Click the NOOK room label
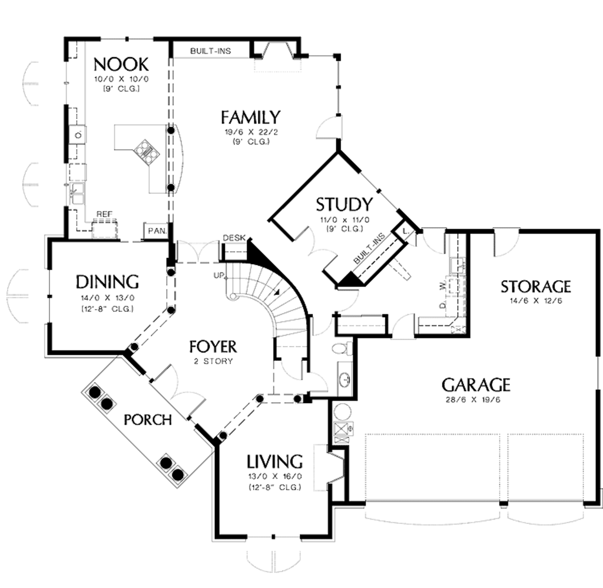(121, 63)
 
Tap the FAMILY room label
(250, 117)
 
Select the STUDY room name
(344, 204)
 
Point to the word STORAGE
(535, 287)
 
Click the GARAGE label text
(476, 385)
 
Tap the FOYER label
(213, 346)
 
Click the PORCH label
(148, 420)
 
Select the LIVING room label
(274, 460)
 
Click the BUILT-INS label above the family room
(210, 51)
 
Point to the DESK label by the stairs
(233, 238)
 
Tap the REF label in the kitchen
(104, 214)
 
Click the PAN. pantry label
(156, 231)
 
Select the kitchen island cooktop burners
(146, 151)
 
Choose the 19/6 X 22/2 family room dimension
(250, 132)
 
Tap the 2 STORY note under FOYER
(213, 361)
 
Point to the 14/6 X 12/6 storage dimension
(535, 301)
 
